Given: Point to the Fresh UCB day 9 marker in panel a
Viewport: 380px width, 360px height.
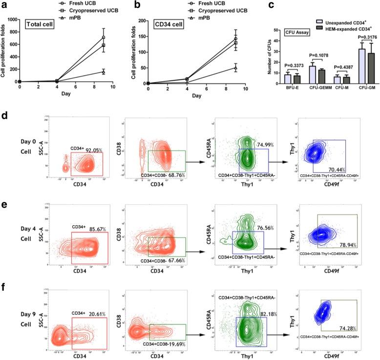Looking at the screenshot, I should coord(103,37).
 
